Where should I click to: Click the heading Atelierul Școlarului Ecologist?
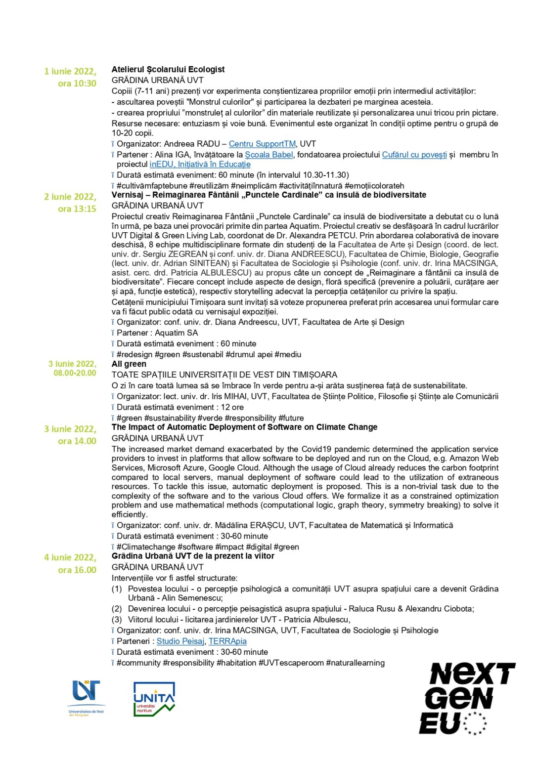point(168,69)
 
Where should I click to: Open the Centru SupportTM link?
point(262,144)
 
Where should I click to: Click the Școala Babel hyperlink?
point(269,155)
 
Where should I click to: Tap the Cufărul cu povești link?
point(414,155)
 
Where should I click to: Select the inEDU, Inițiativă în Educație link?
point(200,164)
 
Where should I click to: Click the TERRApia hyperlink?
point(227,641)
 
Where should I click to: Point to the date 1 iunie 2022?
point(70,72)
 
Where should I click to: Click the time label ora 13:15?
point(77,209)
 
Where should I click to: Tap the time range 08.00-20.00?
point(75,373)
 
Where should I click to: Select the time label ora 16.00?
point(77,570)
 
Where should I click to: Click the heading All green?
point(129,364)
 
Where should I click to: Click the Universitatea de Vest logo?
point(86,697)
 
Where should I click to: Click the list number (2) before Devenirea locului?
point(117,609)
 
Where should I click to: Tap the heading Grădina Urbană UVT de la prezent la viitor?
point(193,556)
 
